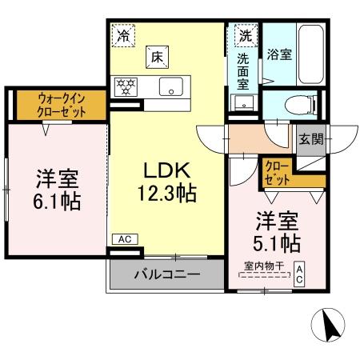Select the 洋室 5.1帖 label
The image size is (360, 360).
(278, 230)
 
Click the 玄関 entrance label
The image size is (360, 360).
(311, 138)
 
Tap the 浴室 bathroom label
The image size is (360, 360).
(279, 54)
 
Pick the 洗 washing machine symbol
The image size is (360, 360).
(244, 35)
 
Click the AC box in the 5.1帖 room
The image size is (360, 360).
(299, 274)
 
